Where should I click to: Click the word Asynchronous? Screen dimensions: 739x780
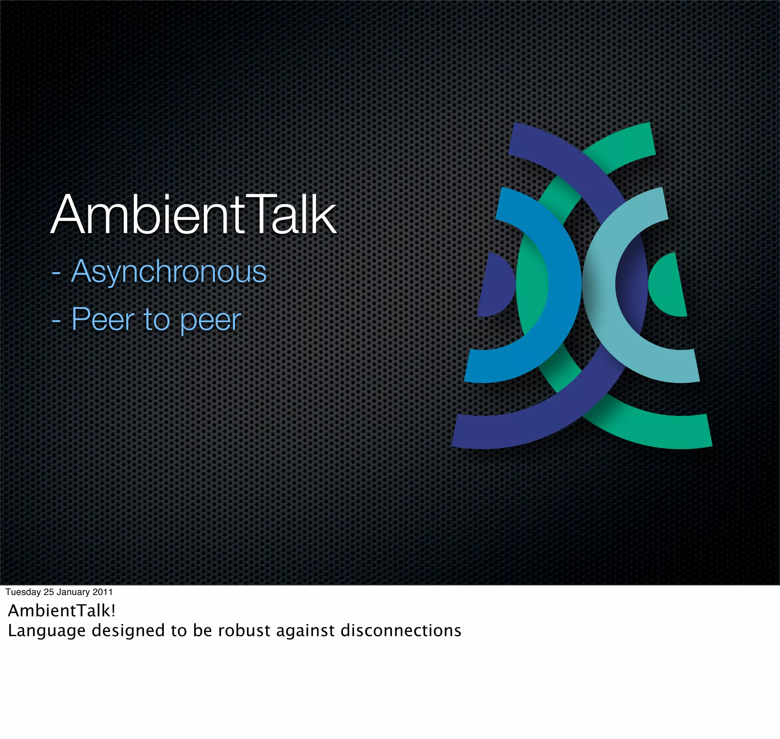[169, 272]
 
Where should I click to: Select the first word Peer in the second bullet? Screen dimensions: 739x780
[103, 320]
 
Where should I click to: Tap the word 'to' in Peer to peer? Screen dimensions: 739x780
[157, 320]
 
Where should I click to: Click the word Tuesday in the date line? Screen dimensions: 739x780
[23, 592]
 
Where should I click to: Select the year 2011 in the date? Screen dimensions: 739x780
[102, 592]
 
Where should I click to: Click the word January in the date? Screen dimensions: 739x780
[73, 592]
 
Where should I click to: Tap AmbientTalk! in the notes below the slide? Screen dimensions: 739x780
[61, 611]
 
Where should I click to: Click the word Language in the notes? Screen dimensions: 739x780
[46, 631]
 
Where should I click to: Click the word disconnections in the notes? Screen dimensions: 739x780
[400, 631]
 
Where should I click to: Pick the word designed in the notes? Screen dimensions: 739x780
[128, 631]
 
